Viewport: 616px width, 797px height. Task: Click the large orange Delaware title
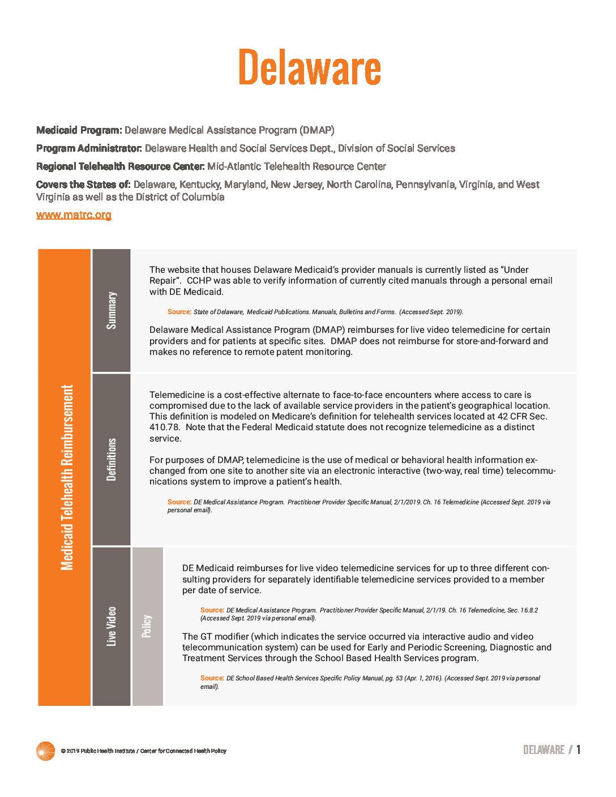tap(309, 67)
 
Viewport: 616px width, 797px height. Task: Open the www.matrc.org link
tap(74, 215)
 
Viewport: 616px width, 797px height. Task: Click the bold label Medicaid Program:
tap(79, 130)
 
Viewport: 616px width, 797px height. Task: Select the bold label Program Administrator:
tap(89, 148)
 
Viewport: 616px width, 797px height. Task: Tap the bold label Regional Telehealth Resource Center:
tap(120, 166)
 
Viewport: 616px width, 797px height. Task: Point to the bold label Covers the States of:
tap(83, 185)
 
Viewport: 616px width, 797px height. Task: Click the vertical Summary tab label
tap(112, 310)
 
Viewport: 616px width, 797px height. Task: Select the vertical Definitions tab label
tap(112, 459)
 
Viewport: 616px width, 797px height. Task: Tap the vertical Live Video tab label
tap(112, 626)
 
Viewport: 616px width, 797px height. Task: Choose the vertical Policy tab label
tap(147, 626)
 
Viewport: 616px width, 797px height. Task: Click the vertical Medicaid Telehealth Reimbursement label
tap(67, 477)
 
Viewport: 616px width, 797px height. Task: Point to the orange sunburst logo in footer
tap(45, 751)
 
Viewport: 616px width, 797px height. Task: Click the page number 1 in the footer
tap(578, 750)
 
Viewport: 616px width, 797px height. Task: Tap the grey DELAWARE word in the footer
tap(544, 750)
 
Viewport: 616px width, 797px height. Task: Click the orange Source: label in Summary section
tap(179, 312)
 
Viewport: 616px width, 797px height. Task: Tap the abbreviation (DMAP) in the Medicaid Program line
tap(317, 130)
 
